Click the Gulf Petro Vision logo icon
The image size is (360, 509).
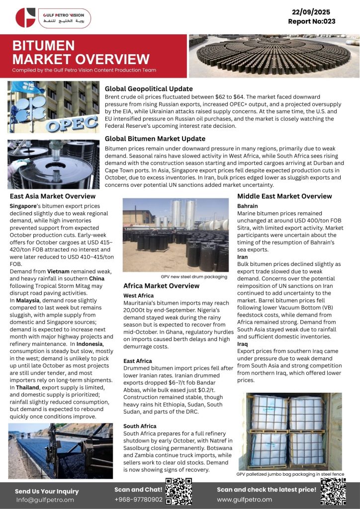(x=25, y=17)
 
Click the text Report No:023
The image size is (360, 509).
(x=312, y=21)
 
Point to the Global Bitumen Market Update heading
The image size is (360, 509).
(x=155, y=139)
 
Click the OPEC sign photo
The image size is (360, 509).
(x=53, y=107)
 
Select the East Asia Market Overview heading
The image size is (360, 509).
(x=53, y=196)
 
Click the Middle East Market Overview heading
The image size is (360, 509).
(x=284, y=196)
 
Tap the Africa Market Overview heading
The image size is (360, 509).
(x=161, y=286)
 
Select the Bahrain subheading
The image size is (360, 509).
(x=247, y=205)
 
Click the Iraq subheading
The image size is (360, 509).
(x=243, y=343)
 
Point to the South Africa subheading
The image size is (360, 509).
(x=140, y=426)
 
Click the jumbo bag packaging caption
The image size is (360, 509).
(x=290, y=474)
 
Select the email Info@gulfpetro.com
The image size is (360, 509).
(x=45, y=500)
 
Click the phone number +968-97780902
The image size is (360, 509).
(x=138, y=499)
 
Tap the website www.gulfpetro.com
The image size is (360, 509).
(x=244, y=499)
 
